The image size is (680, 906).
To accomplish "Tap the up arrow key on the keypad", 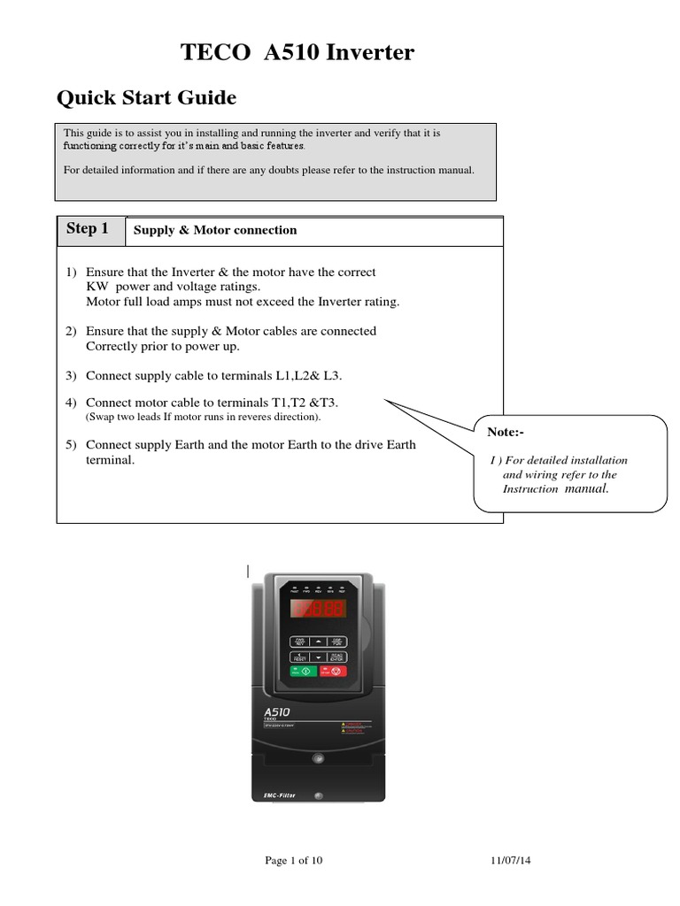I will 318,641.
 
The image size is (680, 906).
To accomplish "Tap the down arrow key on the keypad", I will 318,656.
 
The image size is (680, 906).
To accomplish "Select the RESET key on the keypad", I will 300,656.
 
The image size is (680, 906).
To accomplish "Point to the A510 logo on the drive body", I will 278,710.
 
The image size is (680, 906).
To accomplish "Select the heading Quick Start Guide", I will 146,96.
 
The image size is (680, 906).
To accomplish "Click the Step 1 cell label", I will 88,229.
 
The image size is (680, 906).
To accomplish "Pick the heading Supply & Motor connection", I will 215,230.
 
